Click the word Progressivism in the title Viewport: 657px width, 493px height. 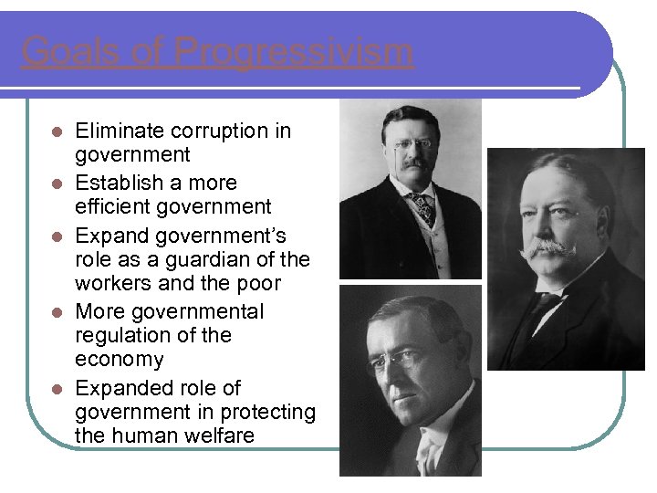(x=294, y=52)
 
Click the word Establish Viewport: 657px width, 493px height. (x=120, y=183)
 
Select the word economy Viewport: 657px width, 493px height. (x=120, y=360)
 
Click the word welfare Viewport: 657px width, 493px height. (x=216, y=435)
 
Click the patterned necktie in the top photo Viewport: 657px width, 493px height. (x=422, y=207)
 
